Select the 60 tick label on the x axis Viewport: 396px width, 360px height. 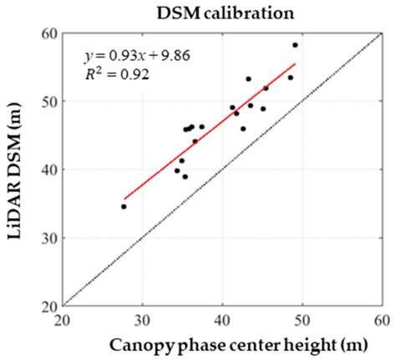381,319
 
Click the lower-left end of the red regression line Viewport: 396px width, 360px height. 124,199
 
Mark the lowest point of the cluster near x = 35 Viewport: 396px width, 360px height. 185,176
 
